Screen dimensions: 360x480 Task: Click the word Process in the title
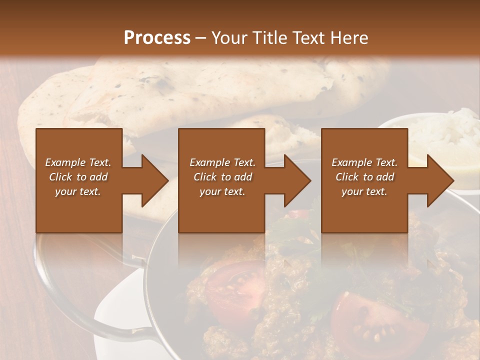point(157,37)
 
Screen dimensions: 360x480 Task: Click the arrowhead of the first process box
point(155,180)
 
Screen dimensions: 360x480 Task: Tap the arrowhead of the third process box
point(440,180)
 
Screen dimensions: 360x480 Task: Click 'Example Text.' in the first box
point(78,162)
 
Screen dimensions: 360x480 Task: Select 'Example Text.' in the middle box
point(222,162)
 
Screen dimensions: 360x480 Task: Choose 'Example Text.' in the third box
point(364,162)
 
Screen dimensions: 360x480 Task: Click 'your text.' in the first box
point(78,191)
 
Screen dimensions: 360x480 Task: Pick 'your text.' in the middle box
point(222,191)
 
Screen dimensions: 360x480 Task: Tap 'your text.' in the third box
point(364,191)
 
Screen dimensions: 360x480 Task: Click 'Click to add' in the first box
point(78,177)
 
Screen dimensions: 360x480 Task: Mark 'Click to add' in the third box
point(364,177)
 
